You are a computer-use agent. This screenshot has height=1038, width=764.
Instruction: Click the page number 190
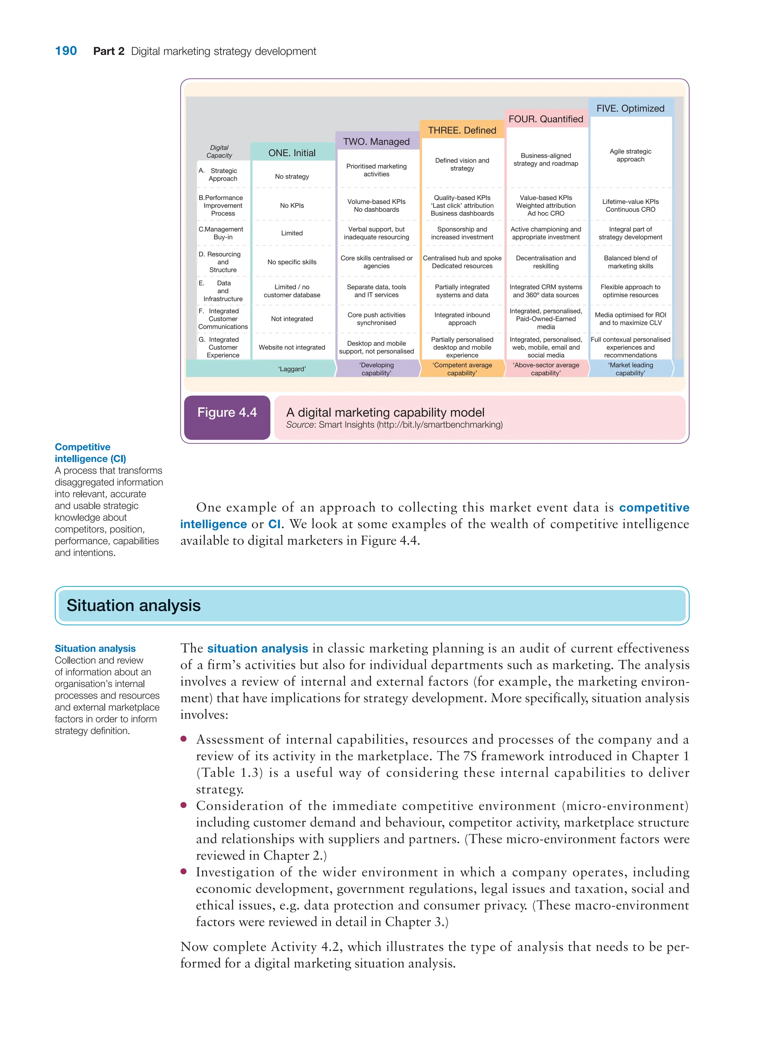point(66,51)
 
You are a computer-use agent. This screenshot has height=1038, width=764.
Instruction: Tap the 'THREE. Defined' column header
point(461,131)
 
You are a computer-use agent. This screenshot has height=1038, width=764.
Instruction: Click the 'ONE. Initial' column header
point(292,153)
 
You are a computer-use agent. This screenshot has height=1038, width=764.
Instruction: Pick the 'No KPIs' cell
point(292,205)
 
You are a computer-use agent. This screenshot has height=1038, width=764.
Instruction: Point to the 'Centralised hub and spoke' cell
point(461,262)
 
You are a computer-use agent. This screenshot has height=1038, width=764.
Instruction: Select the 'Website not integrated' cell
point(292,347)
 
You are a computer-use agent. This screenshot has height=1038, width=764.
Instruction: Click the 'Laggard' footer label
point(292,369)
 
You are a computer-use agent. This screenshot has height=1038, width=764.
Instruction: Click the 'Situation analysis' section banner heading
point(134,606)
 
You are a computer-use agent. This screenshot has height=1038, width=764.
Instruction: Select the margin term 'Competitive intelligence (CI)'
point(90,453)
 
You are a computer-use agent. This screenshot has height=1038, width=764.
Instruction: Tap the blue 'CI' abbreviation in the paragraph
point(274,524)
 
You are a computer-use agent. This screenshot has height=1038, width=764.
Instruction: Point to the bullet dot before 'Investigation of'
point(184,871)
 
